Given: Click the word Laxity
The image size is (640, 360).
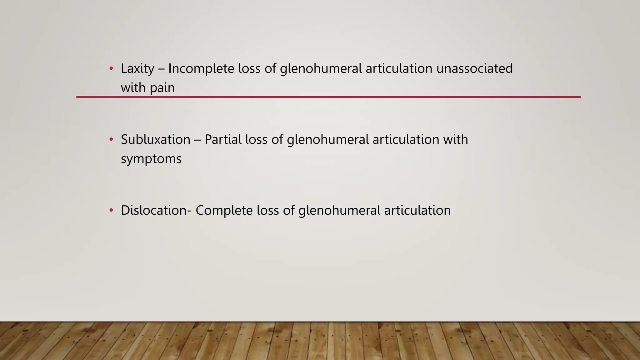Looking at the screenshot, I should tap(137, 69).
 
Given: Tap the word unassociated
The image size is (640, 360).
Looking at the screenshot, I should tap(474, 69).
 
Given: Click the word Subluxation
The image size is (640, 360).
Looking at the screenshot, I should tap(155, 139).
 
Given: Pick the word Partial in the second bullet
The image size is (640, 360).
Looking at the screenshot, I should tap(223, 139).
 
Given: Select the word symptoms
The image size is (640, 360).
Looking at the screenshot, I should tap(151, 159).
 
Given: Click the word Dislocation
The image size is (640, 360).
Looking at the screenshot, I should tap(154, 210).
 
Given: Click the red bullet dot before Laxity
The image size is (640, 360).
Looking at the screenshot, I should tap(111, 68).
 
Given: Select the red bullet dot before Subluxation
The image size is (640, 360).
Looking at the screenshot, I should tap(111, 139).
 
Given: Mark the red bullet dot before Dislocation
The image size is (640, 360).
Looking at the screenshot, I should tap(111, 210).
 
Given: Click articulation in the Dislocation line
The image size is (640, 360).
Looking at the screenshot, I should tap(417, 210).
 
